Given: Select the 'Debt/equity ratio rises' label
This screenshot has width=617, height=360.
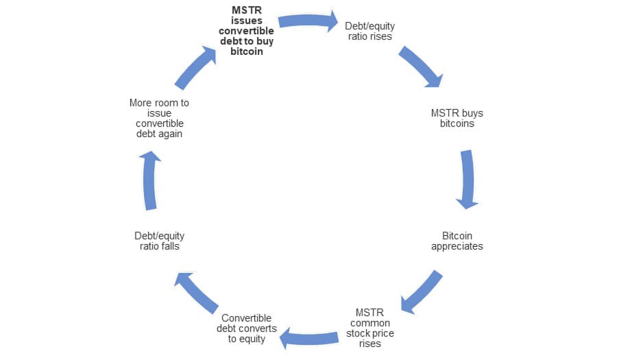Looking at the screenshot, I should pyautogui.click(x=370, y=32).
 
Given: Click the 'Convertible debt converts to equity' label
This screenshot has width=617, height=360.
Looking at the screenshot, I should pyautogui.click(x=247, y=328).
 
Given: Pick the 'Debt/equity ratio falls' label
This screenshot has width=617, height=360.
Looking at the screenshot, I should pyautogui.click(x=160, y=241).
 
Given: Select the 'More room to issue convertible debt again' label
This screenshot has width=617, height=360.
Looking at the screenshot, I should pyautogui.click(x=160, y=119).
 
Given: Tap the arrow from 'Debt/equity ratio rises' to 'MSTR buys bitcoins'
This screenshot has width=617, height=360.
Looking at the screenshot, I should pyautogui.click(x=420, y=67).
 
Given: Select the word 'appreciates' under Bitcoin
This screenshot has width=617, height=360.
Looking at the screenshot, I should pyautogui.click(x=457, y=246).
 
